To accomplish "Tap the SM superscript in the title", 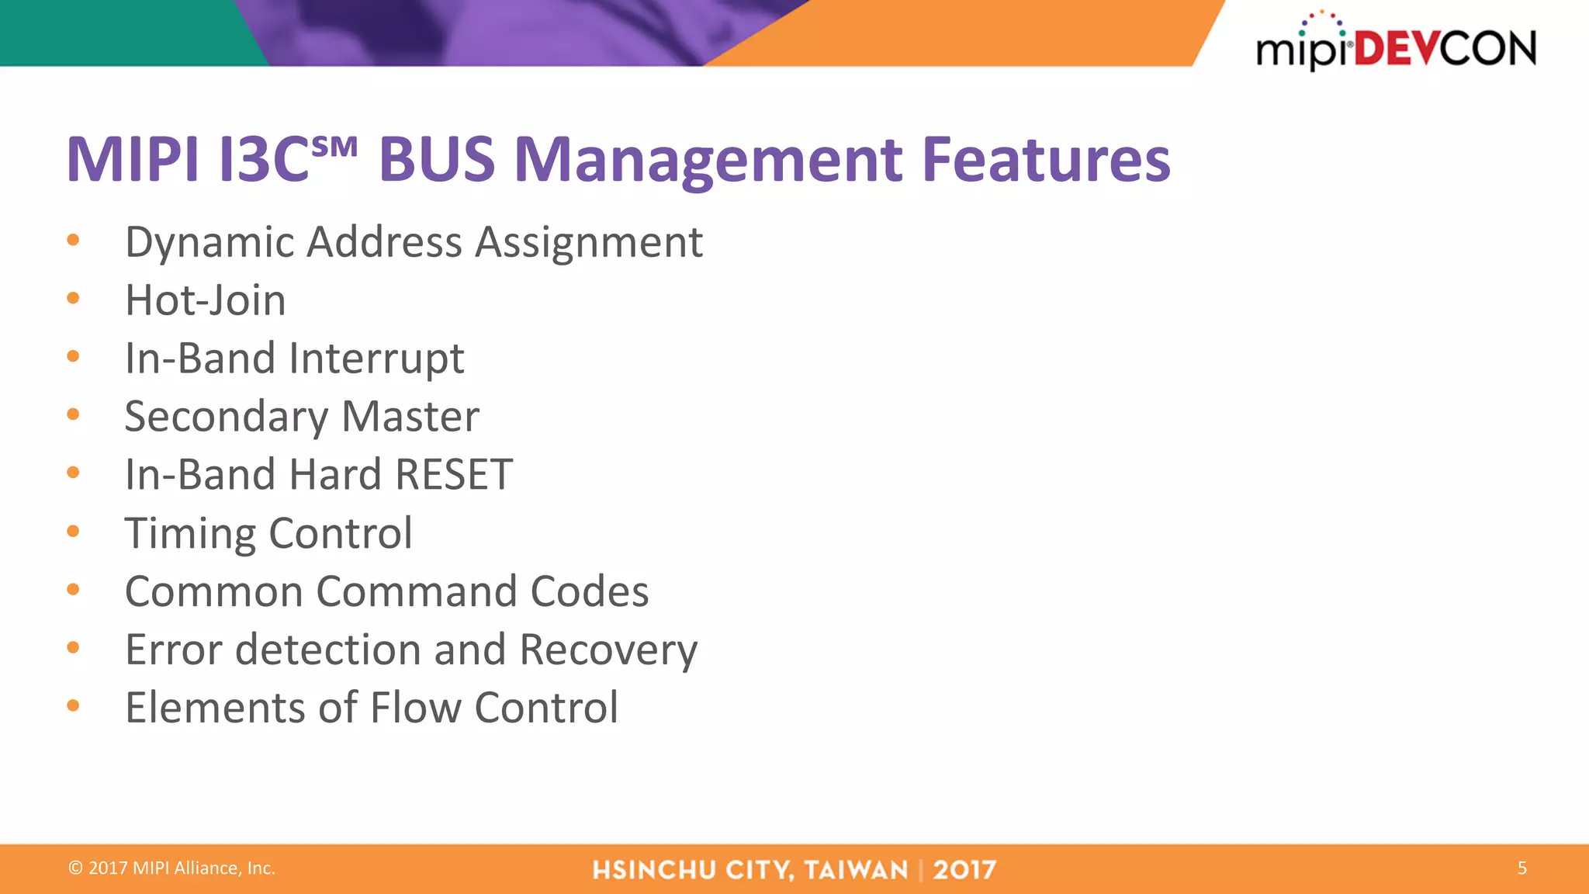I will click(334, 146).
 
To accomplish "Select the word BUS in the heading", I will click(436, 160).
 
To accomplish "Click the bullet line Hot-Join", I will click(206, 300).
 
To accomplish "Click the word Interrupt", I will click(376, 359).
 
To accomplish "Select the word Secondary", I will click(226, 417).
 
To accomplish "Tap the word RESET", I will click(454, 474).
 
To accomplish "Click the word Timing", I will click(190, 534).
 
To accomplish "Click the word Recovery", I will click(608, 650).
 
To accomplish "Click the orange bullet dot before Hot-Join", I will click(73, 298).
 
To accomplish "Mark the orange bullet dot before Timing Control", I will click(73, 531).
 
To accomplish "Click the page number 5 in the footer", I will click(1521, 868).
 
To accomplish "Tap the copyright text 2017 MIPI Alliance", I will click(172, 868).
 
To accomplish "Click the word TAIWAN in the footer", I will click(856, 870).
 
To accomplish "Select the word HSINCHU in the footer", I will click(653, 870).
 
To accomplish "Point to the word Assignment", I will click(589, 242).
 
